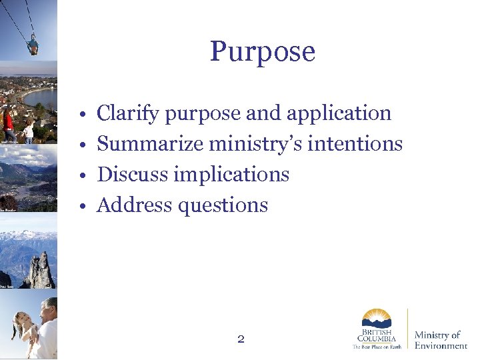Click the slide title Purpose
(x=262, y=52)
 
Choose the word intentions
(x=358, y=144)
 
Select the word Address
(x=135, y=205)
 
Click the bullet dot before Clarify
(x=79, y=115)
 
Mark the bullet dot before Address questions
(x=79, y=207)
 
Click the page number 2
(x=241, y=339)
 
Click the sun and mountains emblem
(x=377, y=318)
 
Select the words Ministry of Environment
(x=440, y=340)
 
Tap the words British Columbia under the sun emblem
(x=377, y=335)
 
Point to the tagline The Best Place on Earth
(x=377, y=347)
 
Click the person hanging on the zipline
(x=33, y=45)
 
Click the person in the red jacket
(x=9, y=123)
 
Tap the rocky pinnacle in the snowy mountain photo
(x=41, y=270)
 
